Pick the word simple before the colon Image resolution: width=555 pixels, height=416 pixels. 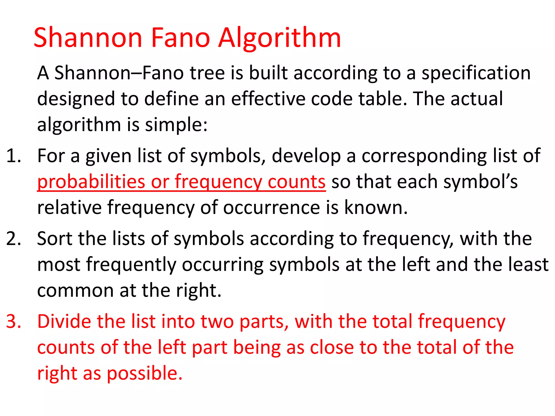pos(176,125)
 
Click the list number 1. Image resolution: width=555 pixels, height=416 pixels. pos(14,156)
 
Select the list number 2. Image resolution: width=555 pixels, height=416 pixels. pos(14,239)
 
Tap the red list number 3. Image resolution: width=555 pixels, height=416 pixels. pos(14,322)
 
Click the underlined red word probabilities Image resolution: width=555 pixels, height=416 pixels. pos(91,182)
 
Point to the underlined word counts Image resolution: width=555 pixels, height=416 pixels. pos(296,182)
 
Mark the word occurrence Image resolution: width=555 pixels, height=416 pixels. pos(272,208)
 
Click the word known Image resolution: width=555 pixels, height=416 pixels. pos(376,208)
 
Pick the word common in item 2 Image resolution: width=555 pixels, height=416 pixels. pos(75,291)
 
